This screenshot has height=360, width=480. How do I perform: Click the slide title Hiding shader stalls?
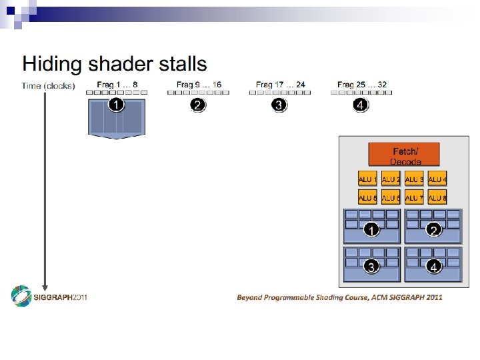[115, 65]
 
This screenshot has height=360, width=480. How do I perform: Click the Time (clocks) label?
[48, 85]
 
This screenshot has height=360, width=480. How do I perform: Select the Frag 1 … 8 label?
[117, 85]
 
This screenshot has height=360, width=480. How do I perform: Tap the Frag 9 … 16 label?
[199, 85]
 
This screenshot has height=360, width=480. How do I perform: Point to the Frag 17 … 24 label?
[280, 85]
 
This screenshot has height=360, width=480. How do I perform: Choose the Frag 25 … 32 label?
[362, 85]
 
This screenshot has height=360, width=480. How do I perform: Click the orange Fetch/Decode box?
[404, 155]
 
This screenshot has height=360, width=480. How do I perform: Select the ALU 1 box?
[367, 179]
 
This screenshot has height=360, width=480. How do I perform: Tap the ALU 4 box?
[437, 179]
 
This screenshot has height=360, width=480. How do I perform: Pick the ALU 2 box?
[391, 179]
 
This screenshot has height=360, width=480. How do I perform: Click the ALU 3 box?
[414, 179]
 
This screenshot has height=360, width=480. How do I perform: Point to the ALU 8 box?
[437, 197]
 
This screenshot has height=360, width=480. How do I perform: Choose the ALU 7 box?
[414, 197]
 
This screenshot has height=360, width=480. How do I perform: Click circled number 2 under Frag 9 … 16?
[197, 105]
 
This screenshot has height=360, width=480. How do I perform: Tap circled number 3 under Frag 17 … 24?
[279, 105]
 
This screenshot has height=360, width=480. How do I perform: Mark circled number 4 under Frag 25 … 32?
[360, 105]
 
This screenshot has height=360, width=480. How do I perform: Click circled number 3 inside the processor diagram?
[371, 267]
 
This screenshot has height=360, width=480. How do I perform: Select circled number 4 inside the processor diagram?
[434, 267]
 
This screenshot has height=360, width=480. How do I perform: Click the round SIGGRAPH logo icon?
[21, 297]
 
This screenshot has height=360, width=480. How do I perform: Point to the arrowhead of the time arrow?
[45, 287]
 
